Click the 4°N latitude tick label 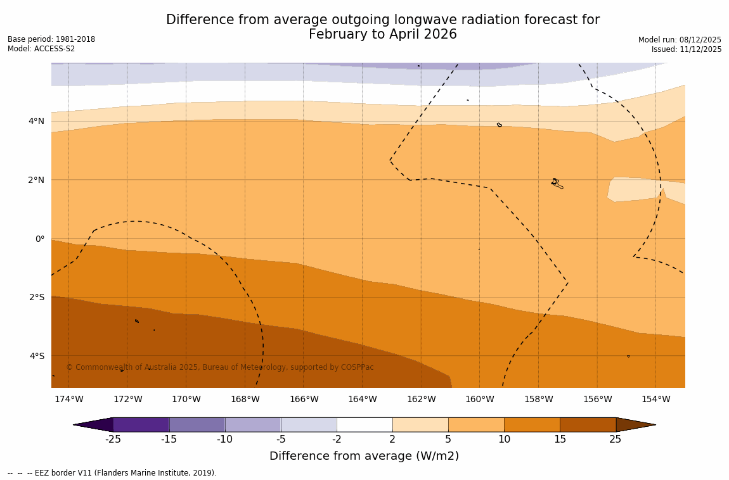pos(36,121)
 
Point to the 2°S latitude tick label pos(36,297)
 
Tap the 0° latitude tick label pos(39,239)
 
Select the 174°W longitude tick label pos(68,399)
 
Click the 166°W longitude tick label pos(304,399)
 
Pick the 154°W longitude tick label pos(655,399)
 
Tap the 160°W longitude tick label pos(480,399)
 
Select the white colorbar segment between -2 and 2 pos(364,424)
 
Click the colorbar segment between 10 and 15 pos(532,424)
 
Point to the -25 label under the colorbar pos(113,439)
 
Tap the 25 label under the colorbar pos(616,439)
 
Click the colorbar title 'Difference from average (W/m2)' pos(364,456)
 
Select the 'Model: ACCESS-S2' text pos(41,49)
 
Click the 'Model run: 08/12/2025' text pos(680,39)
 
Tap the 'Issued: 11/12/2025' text pos(687,49)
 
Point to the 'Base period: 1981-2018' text pos(51,39)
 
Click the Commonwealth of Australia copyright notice pos(220,367)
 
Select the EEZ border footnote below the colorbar pos(112,473)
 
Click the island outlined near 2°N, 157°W pos(557,183)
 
